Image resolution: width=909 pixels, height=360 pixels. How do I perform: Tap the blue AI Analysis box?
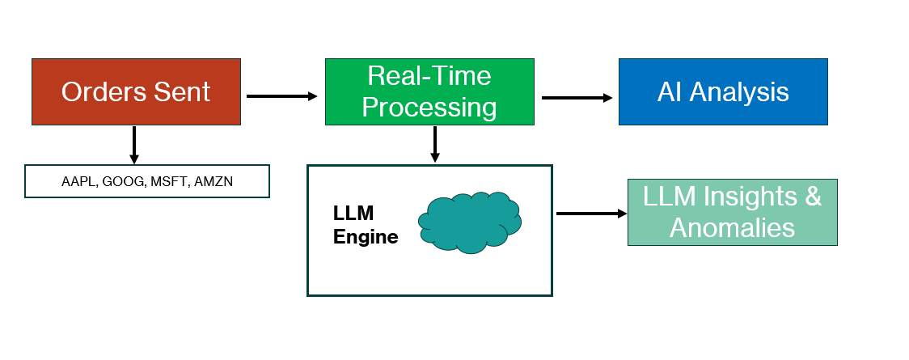[723, 91]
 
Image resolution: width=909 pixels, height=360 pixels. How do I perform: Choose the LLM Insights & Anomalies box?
[732, 212]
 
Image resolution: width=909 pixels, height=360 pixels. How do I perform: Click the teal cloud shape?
[469, 222]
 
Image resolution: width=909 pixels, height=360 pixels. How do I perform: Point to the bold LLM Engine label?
[366, 225]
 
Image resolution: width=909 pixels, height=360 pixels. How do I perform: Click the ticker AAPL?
[78, 182]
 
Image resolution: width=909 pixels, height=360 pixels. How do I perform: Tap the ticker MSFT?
[167, 182]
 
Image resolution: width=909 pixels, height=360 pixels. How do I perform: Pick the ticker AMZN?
[214, 182]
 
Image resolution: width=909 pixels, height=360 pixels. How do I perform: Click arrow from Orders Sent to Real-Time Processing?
[282, 96]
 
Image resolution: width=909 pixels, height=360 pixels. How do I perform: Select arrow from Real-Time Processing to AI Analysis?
[577, 98]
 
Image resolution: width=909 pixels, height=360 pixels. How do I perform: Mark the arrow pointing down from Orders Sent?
[134, 145]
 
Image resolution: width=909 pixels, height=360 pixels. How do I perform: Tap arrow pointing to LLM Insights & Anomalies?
[591, 214]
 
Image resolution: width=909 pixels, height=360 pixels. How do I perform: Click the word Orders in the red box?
[99, 91]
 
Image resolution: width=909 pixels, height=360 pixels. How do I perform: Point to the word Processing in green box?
[429, 107]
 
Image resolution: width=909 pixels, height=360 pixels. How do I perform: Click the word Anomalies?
[732, 227]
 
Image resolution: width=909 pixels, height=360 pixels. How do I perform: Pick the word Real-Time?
[429, 76]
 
